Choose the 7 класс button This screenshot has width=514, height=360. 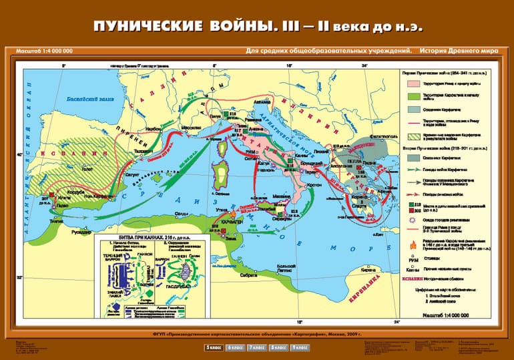pyautogui.click(x=257, y=347)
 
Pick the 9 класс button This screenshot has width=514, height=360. pyautogui.click(x=300, y=347)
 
